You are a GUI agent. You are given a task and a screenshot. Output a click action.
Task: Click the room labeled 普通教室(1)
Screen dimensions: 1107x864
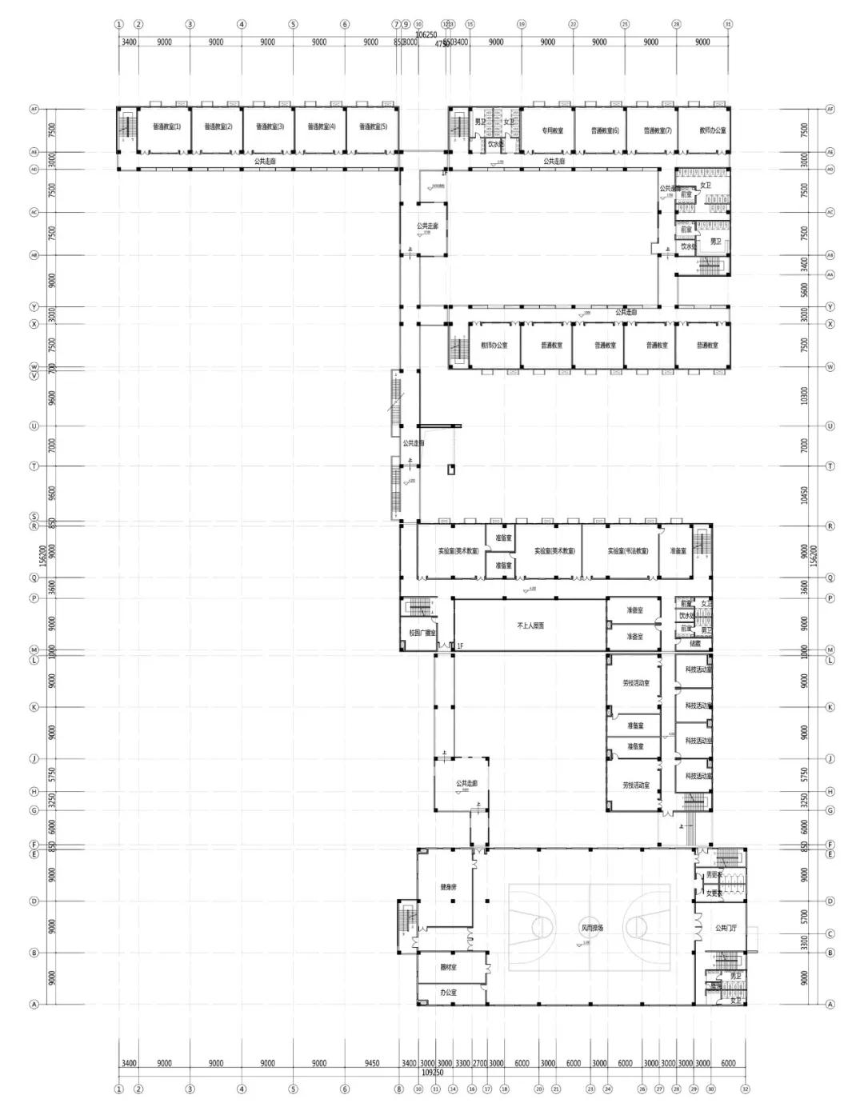coord(166,126)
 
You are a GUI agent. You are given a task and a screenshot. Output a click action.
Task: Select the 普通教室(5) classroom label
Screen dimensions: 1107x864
coord(373,126)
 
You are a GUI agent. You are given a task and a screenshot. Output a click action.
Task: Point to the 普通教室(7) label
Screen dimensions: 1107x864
coord(658,130)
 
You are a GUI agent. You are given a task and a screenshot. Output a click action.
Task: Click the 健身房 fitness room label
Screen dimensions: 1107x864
coord(448,887)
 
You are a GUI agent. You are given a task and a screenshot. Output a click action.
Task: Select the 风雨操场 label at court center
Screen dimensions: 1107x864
coord(591,928)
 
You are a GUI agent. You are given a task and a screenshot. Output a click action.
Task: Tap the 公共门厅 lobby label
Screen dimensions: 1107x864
coord(726,928)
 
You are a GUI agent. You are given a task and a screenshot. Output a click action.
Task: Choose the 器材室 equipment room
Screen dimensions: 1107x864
coord(448,968)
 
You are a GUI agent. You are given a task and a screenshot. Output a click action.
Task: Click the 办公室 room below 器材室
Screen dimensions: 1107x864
coord(448,993)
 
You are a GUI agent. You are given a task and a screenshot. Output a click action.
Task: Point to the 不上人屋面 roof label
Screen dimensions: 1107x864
coord(530,625)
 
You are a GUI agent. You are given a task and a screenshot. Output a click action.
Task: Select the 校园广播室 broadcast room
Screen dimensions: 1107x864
coord(422,633)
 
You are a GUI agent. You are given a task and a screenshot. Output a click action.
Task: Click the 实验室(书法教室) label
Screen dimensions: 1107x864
coord(627,551)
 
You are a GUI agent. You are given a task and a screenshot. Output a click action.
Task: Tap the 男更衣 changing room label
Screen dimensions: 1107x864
coord(714,875)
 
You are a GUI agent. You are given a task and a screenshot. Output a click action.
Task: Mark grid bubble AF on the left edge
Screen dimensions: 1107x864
coord(34,109)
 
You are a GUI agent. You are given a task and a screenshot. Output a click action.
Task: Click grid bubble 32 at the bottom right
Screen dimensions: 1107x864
coord(745,1089)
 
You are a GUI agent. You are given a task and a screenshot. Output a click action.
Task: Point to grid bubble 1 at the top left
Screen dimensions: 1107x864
coord(119,24)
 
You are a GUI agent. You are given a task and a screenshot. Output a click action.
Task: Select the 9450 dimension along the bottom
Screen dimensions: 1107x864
coord(371,1063)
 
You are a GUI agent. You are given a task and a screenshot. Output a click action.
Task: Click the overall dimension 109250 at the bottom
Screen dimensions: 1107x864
coord(432,1071)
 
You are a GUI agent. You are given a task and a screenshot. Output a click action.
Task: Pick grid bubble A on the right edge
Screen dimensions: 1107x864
coord(830,1004)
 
